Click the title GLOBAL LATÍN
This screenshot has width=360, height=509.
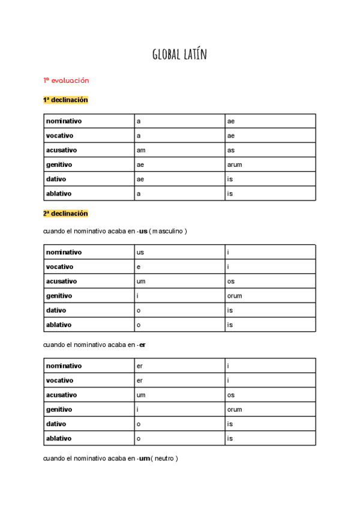pos(179,56)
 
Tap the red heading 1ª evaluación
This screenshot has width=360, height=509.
pos(66,80)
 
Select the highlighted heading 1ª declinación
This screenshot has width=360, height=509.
pos(65,100)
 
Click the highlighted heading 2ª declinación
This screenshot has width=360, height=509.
pos(65,213)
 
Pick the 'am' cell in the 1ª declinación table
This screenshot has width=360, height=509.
pos(141,150)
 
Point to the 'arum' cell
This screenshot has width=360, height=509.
pos(235,164)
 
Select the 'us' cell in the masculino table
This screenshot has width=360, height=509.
pos(140,252)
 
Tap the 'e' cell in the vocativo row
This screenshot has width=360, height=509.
pos(139,267)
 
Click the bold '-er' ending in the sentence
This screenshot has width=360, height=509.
pos(142,345)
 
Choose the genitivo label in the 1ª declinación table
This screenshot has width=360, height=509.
pos(59,164)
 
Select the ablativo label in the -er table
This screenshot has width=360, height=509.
pos(59,438)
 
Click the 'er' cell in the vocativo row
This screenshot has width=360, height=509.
pos(140,380)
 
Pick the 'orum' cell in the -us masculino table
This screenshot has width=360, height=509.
pos(235,296)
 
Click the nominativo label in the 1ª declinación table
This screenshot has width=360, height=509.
pos(64,121)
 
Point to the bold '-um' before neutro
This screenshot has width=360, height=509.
pos(143,459)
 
